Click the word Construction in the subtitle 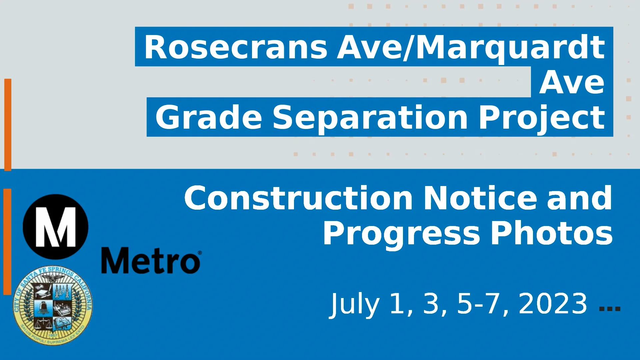click(298, 198)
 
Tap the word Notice click(480, 198)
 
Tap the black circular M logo click(56, 227)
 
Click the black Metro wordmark click(151, 261)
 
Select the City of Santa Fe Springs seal click(53, 305)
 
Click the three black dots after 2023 click(610, 308)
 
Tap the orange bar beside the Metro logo click(7, 242)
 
